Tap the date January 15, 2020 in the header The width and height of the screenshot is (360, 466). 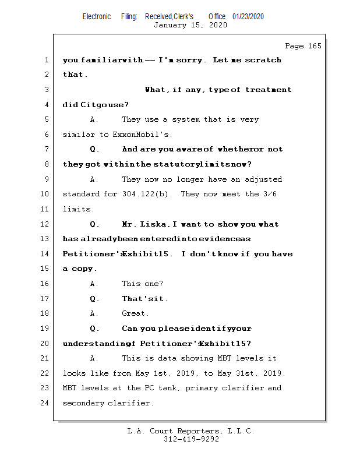pyautogui.click(x=190, y=25)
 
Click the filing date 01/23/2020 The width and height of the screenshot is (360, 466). pyautogui.click(x=248, y=16)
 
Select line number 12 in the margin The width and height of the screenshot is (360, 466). pyautogui.click(x=45, y=224)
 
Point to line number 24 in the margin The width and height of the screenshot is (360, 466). pyautogui.click(x=45, y=403)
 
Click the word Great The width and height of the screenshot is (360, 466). pyautogui.click(x=135, y=313)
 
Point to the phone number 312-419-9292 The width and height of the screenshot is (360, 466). pyautogui.click(x=191, y=439)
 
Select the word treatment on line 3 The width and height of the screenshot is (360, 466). pyautogui.click(x=269, y=90)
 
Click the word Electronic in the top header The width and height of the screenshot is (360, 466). pyautogui.click(x=97, y=16)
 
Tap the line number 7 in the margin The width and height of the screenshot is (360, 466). pyautogui.click(x=45, y=150)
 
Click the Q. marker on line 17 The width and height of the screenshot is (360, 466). pyautogui.click(x=94, y=299)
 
